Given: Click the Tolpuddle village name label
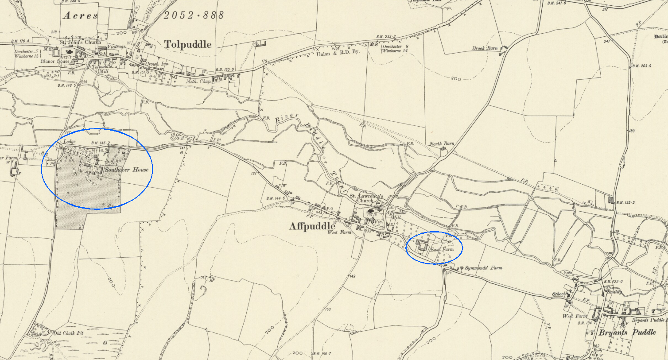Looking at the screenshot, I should (188, 44).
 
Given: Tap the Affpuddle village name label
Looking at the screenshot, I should (312, 226).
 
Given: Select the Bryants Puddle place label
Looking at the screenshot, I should (627, 332).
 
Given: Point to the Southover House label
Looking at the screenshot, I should (127, 170).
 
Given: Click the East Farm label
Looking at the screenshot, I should (442, 250).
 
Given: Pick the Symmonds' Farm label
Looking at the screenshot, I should (484, 268).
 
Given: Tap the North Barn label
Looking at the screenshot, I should (442, 144).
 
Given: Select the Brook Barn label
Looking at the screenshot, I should (485, 48).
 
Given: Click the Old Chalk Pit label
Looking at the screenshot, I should (69, 333).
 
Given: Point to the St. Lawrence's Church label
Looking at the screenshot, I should (366, 198).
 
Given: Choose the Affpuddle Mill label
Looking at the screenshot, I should (396, 215).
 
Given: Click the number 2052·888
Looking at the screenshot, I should (194, 15).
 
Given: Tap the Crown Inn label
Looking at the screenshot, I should (157, 64).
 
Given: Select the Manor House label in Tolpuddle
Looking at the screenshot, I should (55, 62).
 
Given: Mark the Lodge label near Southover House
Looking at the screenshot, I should (70, 142).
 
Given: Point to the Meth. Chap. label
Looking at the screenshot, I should (198, 81).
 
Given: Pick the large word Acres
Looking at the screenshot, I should (80, 15).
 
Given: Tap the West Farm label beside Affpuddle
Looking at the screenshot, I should (339, 232).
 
